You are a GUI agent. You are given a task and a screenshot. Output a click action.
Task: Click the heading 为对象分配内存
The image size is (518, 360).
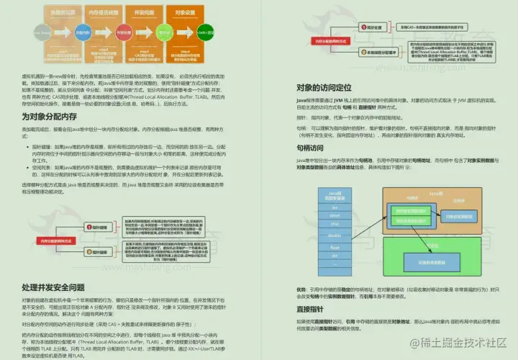(55, 117)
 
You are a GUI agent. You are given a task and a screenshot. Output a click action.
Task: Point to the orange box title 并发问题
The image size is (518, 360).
(131, 12)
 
